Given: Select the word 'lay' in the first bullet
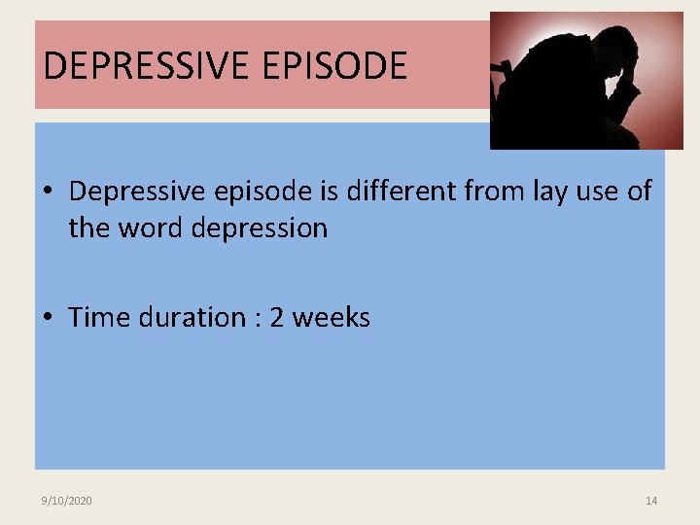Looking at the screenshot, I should (551, 192).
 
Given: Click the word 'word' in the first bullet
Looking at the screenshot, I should (155, 228).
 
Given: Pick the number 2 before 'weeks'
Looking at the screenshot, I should (276, 318).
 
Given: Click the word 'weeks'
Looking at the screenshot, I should (331, 318).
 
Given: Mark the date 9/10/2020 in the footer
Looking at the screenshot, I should (67, 501).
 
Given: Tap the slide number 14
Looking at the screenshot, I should (651, 501).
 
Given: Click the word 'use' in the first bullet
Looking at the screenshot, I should (599, 192).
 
